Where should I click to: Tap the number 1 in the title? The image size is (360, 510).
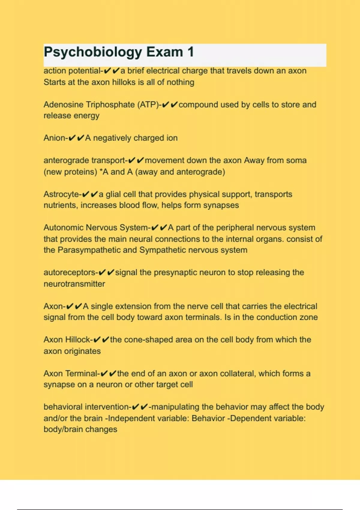click(x=190, y=52)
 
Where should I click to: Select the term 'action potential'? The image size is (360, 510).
click(x=72, y=71)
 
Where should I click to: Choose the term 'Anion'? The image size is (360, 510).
click(x=54, y=138)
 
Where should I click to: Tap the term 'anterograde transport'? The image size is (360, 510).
click(x=84, y=160)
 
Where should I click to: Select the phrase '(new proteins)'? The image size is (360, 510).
click(x=70, y=172)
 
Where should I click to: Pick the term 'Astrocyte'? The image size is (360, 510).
click(x=61, y=194)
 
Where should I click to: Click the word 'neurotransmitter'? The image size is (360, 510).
click(x=74, y=284)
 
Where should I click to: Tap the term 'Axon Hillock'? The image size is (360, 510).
click(x=67, y=340)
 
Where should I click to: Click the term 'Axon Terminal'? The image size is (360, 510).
click(x=70, y=374)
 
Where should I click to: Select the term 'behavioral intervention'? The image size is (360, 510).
click(x=86, y=407)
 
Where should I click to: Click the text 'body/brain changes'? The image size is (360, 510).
click(x=80, y=429)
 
